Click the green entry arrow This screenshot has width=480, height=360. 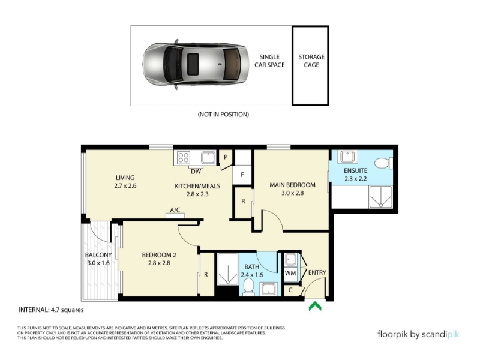(315, 307)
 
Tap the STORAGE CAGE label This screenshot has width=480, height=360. (311, 61)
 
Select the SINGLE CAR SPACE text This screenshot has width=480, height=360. (269, 61)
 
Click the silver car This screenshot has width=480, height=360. (196, 64)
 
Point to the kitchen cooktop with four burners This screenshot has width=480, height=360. (184, 157)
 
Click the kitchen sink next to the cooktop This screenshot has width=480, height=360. (208, 157)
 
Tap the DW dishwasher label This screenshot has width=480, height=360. (196, 172)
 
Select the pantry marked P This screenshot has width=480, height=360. (226, 158)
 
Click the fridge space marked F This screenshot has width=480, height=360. (242, 175)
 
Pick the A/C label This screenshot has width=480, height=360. (175, 209)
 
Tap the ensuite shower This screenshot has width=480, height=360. (380, 197)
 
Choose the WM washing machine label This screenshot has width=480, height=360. (290, 272)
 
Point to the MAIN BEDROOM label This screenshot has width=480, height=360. (292, 185)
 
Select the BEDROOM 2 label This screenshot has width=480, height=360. (159, 255)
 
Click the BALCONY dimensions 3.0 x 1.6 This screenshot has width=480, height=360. (98, 263)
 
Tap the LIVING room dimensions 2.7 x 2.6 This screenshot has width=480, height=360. (125, 185)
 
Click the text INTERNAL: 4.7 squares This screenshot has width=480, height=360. (51, 310)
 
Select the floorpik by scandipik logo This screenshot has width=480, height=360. (418, 334)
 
